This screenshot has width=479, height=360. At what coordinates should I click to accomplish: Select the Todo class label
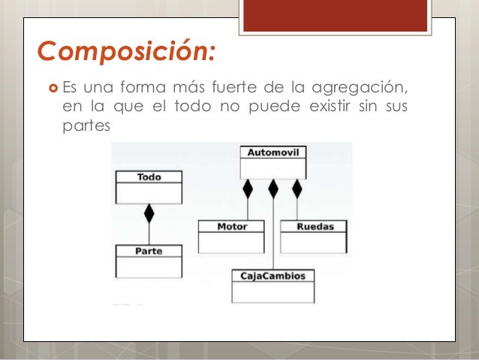coord(148,177)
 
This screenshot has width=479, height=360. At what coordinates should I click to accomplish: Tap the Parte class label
coord(148,250)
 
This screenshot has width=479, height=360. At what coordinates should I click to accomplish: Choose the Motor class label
coord(231,225)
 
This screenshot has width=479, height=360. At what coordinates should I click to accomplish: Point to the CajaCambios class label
coord(273,275)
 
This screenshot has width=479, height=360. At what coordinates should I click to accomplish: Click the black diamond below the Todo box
coord(149,213)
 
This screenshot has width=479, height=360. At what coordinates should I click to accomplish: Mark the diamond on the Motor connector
coord(247,188)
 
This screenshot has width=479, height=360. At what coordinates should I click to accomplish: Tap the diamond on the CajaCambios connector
coord(273,188)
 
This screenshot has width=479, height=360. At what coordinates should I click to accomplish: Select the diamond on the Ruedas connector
coord(297,188)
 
